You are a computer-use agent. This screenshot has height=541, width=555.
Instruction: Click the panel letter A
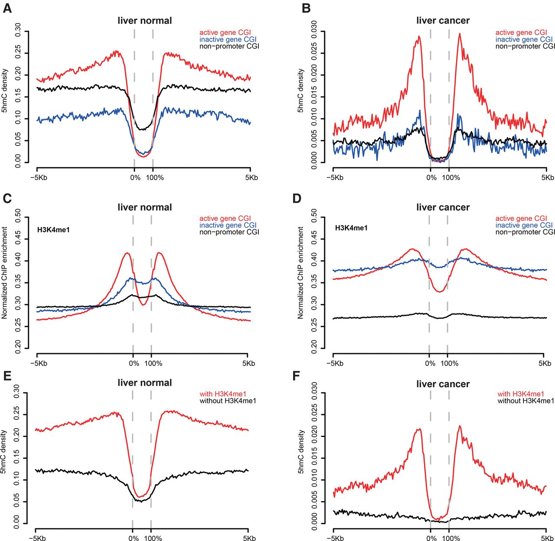(7, 8)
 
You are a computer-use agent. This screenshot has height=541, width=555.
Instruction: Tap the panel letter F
(297, 375)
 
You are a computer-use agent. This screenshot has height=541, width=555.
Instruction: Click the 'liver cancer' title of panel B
(443, 21)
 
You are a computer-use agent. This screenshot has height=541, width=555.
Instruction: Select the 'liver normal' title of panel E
(144, 383)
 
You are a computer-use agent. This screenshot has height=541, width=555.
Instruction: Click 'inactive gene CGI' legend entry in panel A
(228, 39)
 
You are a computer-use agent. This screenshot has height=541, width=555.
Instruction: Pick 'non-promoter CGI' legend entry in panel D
(525, 232)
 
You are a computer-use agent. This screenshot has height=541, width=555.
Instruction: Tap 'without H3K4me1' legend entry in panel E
(228, 401)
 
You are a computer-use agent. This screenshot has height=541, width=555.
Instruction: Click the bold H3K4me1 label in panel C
(53, 230)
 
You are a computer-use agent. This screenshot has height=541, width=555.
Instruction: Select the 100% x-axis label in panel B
(451, 178)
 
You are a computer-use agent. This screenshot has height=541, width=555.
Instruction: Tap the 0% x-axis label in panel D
(430, 363)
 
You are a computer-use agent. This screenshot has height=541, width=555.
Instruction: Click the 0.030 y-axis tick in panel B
(314, 31)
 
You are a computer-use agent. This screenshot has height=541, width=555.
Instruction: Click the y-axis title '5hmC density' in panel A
(4, 91)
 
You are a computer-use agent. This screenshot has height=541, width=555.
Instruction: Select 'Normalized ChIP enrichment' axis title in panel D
(300, 273)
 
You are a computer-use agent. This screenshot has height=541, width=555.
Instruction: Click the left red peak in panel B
(419, 37)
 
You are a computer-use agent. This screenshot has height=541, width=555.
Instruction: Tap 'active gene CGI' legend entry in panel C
(225, 218)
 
